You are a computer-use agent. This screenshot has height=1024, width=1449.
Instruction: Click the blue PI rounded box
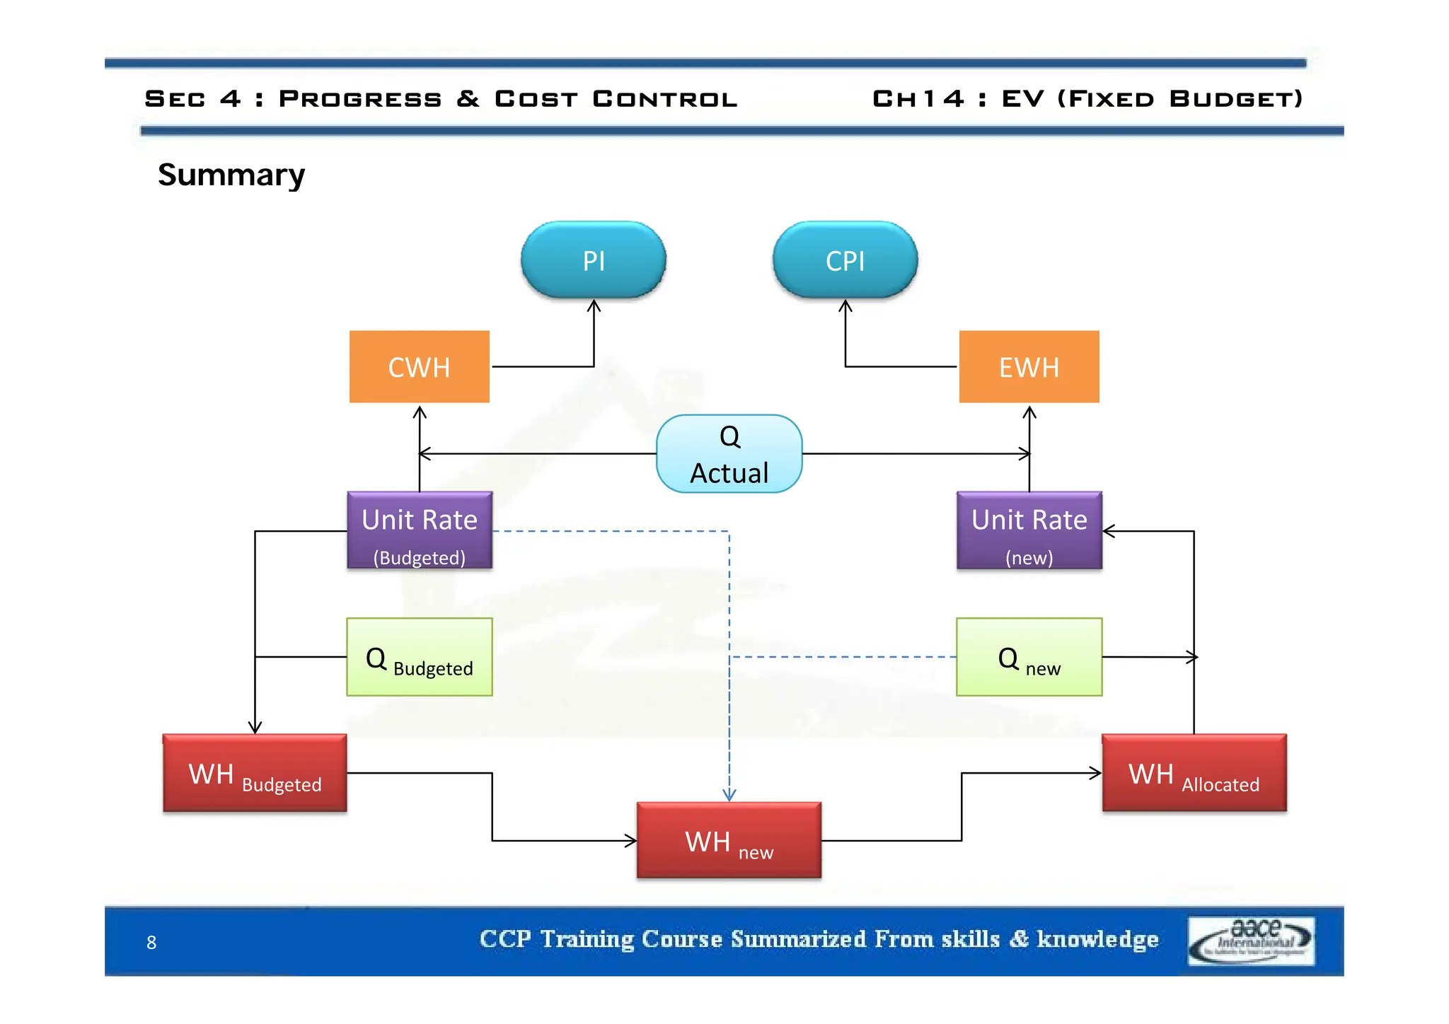pyautogui.click(x=593, y=260)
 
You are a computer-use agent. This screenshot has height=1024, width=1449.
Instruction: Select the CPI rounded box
pyautogui.click(x=845, y=260)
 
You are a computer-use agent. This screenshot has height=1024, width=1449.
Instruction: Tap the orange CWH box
pyautogui.click(x=419, y=367)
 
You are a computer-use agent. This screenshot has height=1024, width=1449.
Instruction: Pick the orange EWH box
pyautogui.click(x=1029, y=367)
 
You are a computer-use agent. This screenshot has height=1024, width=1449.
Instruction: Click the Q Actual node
pyautogui.click(x=729, y=454)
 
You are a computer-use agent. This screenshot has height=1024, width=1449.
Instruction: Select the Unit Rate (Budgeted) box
pyautogui.click(x=420, y=530)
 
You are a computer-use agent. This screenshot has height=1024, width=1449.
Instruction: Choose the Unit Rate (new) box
pyautogui.click(x=1029, y=530)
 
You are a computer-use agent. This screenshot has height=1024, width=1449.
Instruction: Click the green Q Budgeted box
pyautogui.click(x=420, y=657)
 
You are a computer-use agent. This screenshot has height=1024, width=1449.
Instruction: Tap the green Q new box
pyautogui.click(x=1029, y=657)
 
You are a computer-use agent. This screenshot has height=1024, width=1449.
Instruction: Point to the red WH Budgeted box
pyautogui.click(x=255, y=773)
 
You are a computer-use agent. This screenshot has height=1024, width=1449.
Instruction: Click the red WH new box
pyautogui.click(x=729, y=840)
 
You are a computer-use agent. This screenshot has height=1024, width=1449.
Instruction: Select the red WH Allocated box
pyautogui.click(x=1194, y=773)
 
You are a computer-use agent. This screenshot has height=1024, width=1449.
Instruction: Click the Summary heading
pyautogui.click(x=231, y=174)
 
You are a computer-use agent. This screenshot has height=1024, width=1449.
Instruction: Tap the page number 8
pyautogui.click(x=151, y=942)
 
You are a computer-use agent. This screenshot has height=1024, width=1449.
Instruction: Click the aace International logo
pyautogui.click(x=1251, y=941)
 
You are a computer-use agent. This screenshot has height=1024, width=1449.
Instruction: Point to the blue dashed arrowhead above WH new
pyautogui.click(x=729, y=796)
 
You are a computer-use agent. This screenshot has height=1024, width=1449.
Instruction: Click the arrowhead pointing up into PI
pyautogui.click(x=594, y=306)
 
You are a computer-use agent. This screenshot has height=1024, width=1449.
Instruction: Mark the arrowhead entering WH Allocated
pyautogui.click(x=1096, y=773)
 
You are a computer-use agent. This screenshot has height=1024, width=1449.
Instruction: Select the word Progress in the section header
pyautogui.click(x=360, y=98)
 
